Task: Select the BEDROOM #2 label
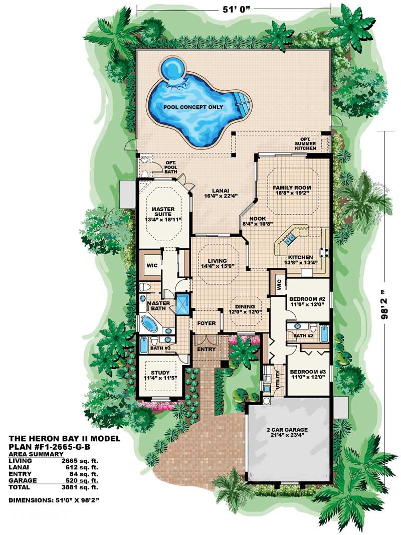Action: pos(307,300)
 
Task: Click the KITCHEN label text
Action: pos(300,257)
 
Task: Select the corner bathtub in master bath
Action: pos(149,323)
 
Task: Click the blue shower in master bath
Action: pos(182,302)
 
